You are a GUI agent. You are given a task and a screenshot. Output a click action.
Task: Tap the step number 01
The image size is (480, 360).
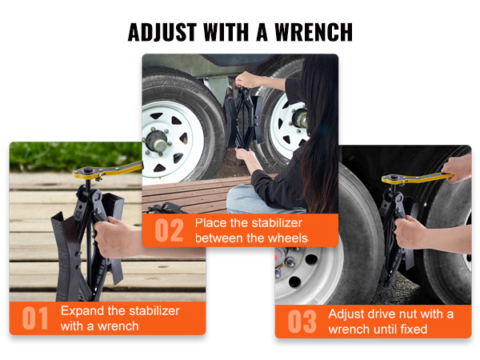pos(35,318)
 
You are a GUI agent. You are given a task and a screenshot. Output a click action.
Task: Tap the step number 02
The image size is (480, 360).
pos(168,230)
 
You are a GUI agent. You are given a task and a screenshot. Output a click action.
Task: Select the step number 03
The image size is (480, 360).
pos(302,321)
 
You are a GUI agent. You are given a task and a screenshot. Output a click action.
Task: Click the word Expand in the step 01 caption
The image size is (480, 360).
pos(82,310)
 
